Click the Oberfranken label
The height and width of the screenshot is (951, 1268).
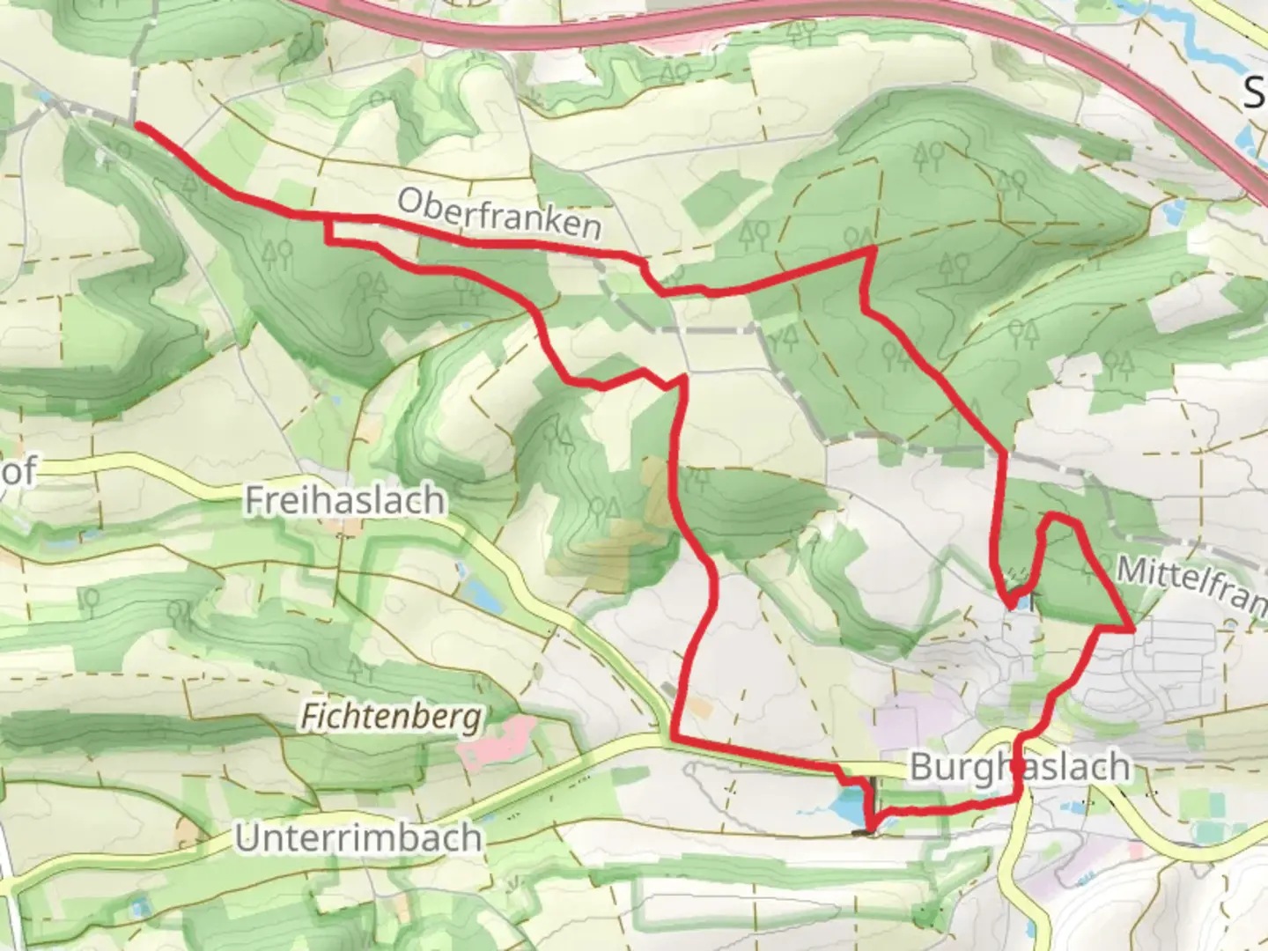click(x=499, y=214)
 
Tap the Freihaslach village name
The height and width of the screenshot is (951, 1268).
click(x=344, y=500)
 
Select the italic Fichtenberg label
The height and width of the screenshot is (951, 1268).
click(x=392, y=717)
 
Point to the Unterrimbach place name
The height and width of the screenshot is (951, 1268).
click(x=358, y=837)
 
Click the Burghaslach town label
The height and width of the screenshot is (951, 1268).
click(x=1019, y=766)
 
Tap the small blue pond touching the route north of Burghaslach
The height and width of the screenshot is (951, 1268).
click(x=1022, y=602)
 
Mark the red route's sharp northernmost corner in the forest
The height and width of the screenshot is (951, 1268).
click(x=873, y=250)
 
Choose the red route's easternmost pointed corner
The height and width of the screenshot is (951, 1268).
click(x=1132, y=629)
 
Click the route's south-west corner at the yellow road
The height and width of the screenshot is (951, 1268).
click(x=674, y=737)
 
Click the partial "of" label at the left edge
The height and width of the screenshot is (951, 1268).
click(x=19, y=471)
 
